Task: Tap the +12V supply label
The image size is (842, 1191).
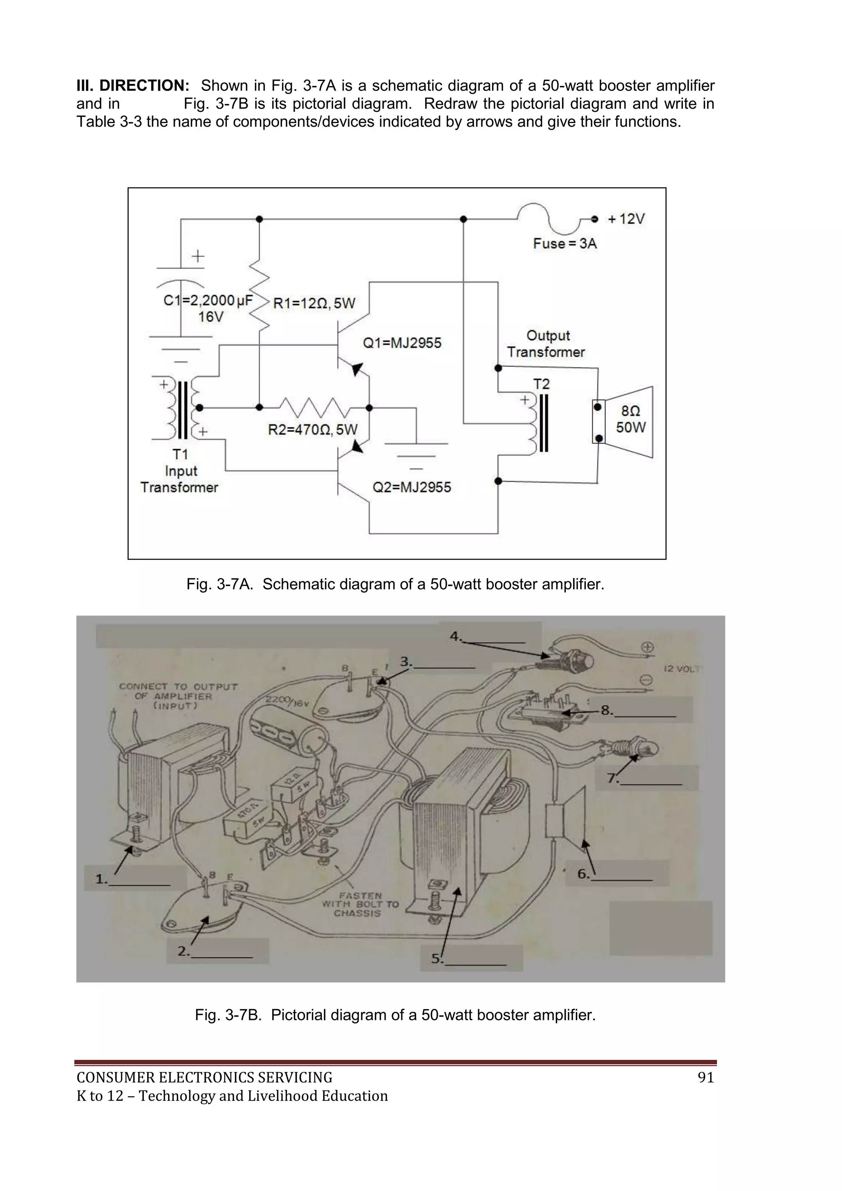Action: (x=626, y=219)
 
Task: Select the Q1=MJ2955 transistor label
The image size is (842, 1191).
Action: (x=402, y=343)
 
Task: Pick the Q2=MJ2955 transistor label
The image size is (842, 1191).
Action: (x=412, y=487)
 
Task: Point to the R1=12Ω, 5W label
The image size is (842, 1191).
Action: (x=314, y=303)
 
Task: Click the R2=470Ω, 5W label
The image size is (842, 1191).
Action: (x=312, y=430)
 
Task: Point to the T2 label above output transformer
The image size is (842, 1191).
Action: (x=541, y=384)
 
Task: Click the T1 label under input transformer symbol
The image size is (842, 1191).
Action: (x=180, y=455)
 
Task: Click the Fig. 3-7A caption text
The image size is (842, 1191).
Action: (x=395, y=584)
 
